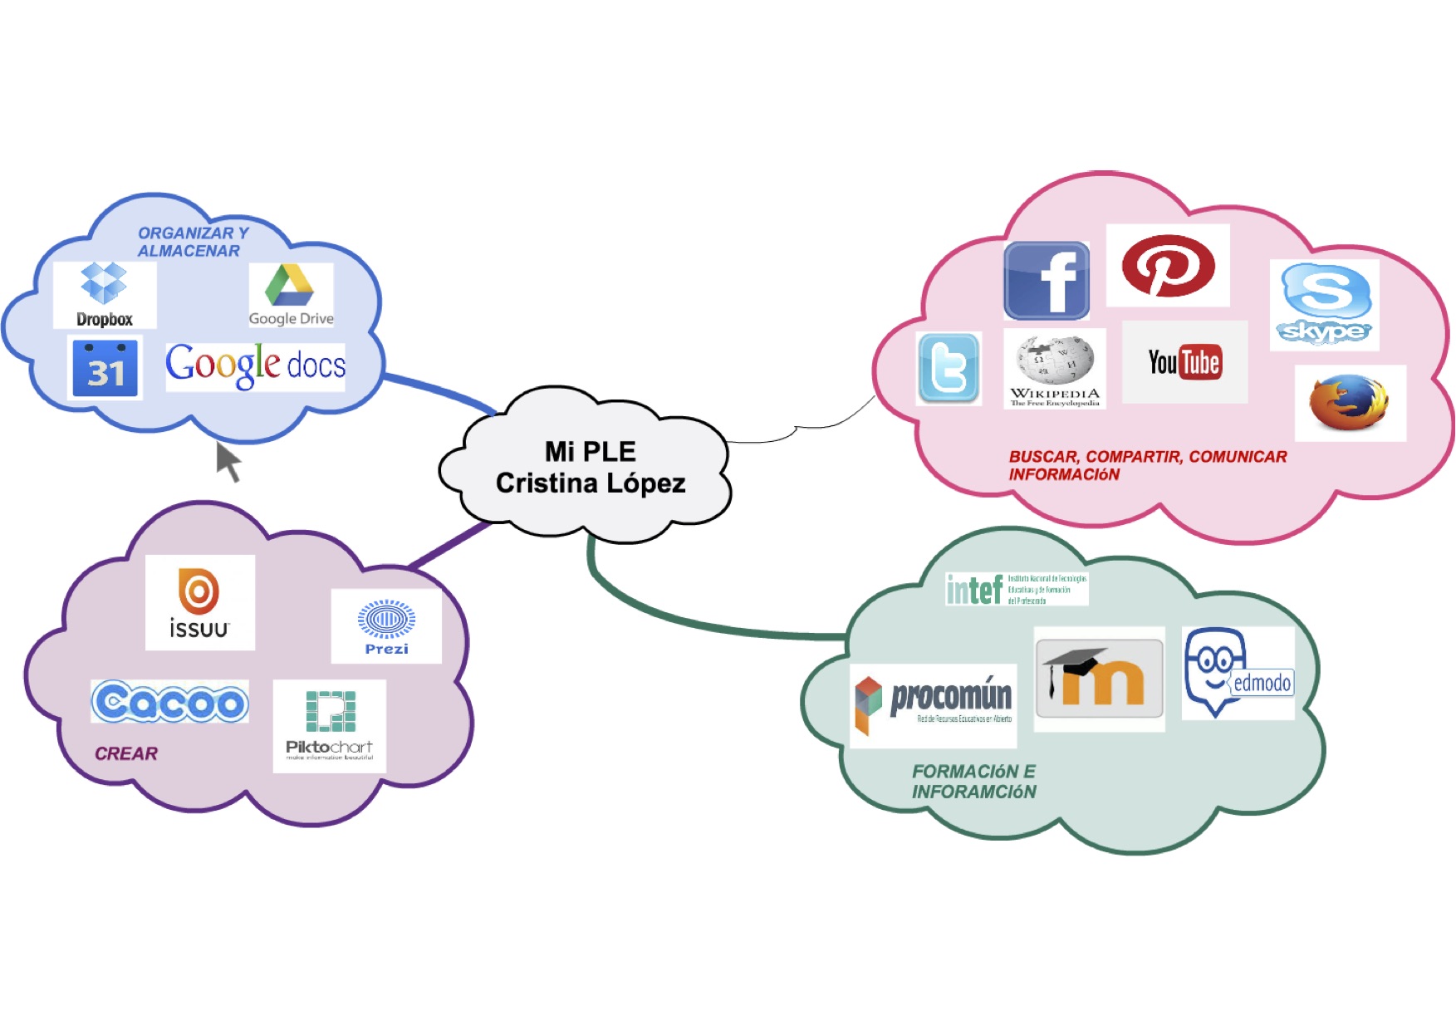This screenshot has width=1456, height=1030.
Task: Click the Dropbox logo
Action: click(104, 294)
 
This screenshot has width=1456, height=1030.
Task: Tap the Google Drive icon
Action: click(291, 295)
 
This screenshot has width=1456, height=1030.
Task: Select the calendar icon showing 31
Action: click(105, 368)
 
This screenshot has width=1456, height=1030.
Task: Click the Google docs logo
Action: click(255, 365)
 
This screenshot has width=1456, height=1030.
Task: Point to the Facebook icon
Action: click(1047, 281)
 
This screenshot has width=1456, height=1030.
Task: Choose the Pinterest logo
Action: click(1168, 266)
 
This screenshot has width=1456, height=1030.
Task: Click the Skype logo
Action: click(1325, 304)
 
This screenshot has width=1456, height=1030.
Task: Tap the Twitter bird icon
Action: click(949, 369)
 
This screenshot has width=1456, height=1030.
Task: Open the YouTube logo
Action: click(1184, 362)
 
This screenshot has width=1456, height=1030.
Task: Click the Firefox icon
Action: click(1349, 403)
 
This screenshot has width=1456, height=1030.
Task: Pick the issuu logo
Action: click(199, 602)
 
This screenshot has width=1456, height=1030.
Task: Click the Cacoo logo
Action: click(169, 702)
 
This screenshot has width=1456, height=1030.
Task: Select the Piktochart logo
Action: click(330, 725)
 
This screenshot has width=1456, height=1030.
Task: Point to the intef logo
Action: click(1017, 589)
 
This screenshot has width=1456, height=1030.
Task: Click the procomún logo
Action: click(934, 704)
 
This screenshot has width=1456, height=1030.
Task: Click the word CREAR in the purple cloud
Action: click(126, 753)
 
